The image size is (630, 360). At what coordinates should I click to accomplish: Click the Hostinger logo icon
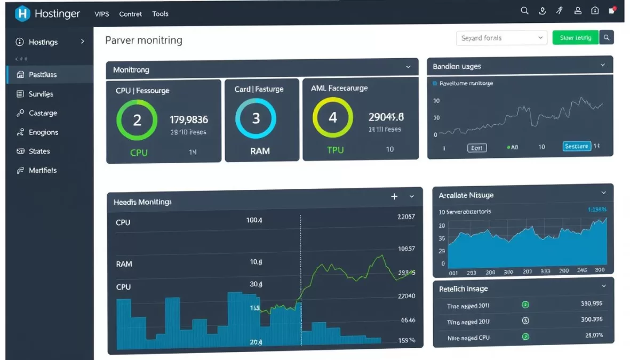click(22, 14)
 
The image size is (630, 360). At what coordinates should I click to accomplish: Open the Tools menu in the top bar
click(160, 14)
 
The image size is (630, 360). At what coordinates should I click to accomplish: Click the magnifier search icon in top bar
click(524, 11)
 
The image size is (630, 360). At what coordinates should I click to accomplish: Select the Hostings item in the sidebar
click(43, 42)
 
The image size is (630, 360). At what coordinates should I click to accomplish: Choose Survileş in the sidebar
click(41, 94)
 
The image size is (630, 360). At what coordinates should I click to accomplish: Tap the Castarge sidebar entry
click(43, 113)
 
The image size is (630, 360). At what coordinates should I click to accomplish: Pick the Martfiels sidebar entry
click(42, 171)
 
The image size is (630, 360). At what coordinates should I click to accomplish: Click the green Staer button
click(575, 38)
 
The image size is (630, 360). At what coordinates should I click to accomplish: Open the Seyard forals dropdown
click(501, 38)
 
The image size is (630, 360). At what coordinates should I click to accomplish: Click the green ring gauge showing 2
click(137, 120)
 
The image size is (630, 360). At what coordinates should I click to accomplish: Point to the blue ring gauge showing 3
click(256, 118)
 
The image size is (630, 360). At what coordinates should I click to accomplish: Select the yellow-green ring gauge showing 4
click(333, 117)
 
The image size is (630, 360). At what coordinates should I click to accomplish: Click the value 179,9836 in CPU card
click(189, 120)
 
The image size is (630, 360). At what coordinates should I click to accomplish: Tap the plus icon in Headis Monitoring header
click(394, 197)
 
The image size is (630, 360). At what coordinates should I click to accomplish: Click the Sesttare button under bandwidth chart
click(577, 147)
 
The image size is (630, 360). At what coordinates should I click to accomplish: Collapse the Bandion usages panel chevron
click(603, 66)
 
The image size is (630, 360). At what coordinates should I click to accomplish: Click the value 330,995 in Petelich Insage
click(591, 303)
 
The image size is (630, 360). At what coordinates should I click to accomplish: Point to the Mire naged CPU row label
click(468, 338)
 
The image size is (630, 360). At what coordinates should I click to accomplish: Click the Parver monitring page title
click(143, 41)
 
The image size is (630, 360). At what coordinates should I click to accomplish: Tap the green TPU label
click(335, 150)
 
